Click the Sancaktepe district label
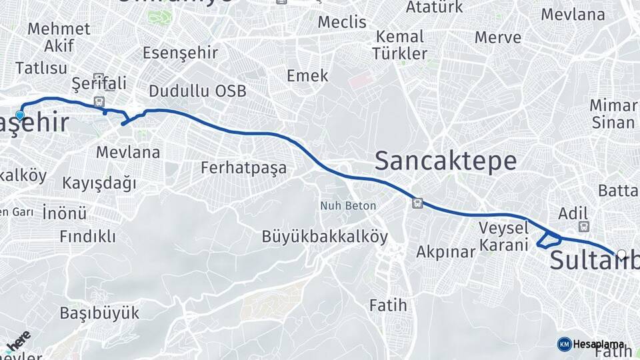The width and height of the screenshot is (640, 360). pos(445,161)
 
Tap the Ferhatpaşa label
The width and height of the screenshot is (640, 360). pos(243,168)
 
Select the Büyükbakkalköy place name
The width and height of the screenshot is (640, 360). pos(325,237)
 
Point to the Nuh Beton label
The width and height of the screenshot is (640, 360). pos(347,206)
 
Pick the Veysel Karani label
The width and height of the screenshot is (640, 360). pos(504,236)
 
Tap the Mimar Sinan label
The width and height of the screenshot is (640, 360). pos(613,114)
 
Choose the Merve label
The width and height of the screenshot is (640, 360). pos(497,37)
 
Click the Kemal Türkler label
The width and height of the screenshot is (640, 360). pos(399,45)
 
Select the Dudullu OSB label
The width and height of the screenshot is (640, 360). pos(197,91)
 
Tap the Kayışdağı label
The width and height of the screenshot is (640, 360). pos(99,183)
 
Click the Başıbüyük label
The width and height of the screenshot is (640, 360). pos(99,313)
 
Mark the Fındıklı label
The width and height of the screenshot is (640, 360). pos(87,236)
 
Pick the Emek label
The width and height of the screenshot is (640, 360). pos(307,75)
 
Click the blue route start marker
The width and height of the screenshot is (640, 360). pos(20,115)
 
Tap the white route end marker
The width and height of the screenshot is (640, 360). pos(621,254)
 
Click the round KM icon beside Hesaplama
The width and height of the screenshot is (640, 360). pos(564,344)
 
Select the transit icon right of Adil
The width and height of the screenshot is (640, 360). pos(584,227)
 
